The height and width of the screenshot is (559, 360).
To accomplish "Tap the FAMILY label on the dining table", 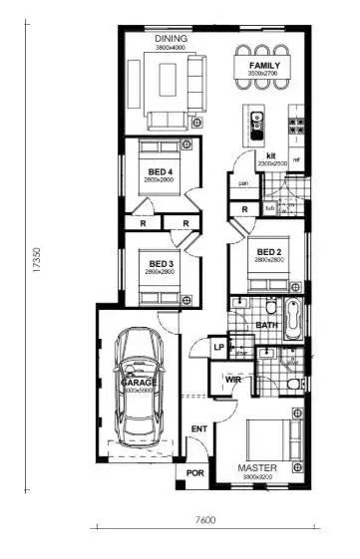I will (264, 66).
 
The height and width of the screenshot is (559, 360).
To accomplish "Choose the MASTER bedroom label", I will (256, 467).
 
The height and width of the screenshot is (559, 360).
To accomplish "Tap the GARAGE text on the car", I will (139, 383).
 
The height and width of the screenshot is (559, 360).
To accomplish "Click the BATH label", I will (265, 325).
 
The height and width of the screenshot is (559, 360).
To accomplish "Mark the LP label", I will (219, 347).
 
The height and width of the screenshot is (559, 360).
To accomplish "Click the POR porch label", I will (194, 473).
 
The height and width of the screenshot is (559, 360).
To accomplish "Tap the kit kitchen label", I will (270, 155).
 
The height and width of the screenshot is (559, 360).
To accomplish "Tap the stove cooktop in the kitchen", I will (296, 126).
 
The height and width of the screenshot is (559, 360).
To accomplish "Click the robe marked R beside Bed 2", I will (245, 209).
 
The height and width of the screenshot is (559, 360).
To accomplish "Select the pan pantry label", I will (243, 183).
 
